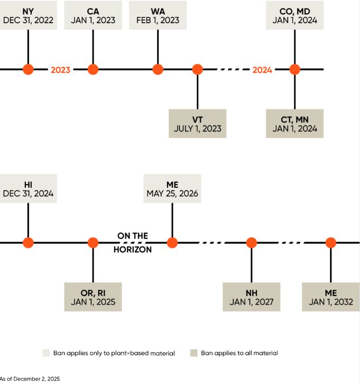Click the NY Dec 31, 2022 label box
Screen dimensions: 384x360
point(27,16)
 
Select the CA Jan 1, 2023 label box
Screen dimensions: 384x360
point(93,16)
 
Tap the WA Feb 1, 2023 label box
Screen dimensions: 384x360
point(158,16)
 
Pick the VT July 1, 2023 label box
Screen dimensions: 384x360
point(197,124)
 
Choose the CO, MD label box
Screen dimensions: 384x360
point(294,16)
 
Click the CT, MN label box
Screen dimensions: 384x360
point(294,124)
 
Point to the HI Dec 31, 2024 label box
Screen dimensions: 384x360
point(27,189)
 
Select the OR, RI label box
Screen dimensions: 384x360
point(93,297)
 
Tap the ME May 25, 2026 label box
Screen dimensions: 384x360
point(172,189)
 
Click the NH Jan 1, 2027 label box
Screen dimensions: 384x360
point(251,297)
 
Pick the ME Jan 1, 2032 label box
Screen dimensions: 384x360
point(331,297)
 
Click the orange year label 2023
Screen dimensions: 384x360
point(60,70)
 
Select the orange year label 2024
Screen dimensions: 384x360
point(262,70)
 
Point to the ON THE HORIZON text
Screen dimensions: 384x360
point(132,243)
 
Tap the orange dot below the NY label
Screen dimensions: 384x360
point(28,69)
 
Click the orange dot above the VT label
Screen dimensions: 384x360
point(197,69)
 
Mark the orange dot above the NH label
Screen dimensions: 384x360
point(251,243)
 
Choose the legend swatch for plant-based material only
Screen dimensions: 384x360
point(46,353)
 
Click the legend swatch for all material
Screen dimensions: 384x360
point(194,353)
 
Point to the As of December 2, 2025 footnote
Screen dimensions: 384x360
point(30,379)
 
